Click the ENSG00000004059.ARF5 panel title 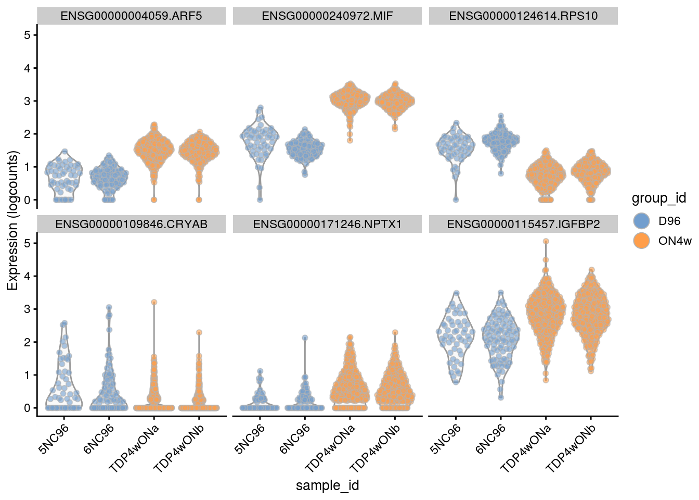pos(131,16)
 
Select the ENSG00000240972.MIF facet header pos(327,16)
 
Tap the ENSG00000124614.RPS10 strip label pos(523,16)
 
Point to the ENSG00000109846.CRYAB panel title pos(131,224)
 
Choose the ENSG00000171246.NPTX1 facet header pos(327,224)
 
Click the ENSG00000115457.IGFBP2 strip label pos(523,224)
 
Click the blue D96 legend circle pos(642,221)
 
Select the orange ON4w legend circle pos(642,241)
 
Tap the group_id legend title pos(658,198)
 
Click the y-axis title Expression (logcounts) pos(12,220)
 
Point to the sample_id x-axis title pos(327,485)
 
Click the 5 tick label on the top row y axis pos(27,35)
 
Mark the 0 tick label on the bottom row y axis pos(27,408)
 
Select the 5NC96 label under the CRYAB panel pos(54,439)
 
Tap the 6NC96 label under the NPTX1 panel pos(295,439)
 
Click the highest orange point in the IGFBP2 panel pos(546,241)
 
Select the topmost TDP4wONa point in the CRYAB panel pos(153,302)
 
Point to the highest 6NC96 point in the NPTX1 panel pos(305,337)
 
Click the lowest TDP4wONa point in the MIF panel pos(350,140)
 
